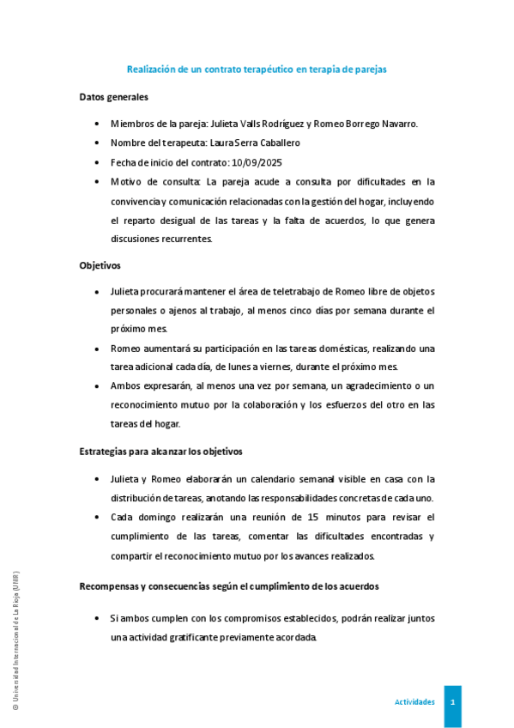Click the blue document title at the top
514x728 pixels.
click(257, 69)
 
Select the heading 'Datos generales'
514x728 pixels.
click(113, 97)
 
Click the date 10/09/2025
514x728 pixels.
click(257, 162)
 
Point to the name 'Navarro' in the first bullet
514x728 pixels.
click(396, 123)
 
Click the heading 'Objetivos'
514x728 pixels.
click(100, 265)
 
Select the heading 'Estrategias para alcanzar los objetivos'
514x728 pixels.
click(161, 452)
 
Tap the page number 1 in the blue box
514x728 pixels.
click(452, 702)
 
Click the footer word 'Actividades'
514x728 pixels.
click(414, 702)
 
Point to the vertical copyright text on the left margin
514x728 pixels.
click(15, 640)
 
